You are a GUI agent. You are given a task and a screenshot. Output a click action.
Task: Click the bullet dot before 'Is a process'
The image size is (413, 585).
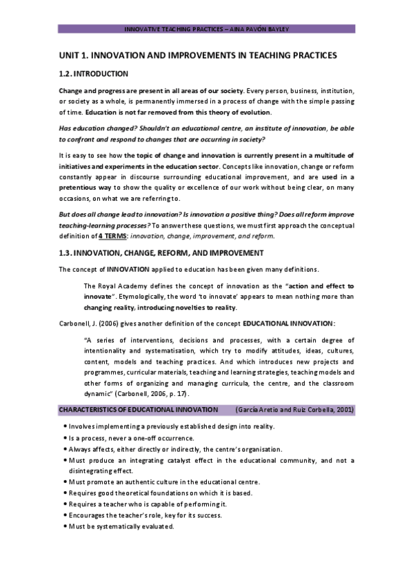(x=64, y=438)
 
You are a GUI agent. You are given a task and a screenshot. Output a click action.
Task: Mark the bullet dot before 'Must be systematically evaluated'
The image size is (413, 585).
(x=64, y=526)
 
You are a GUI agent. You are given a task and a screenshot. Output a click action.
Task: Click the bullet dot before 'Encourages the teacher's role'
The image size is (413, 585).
(x=64, y=515)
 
